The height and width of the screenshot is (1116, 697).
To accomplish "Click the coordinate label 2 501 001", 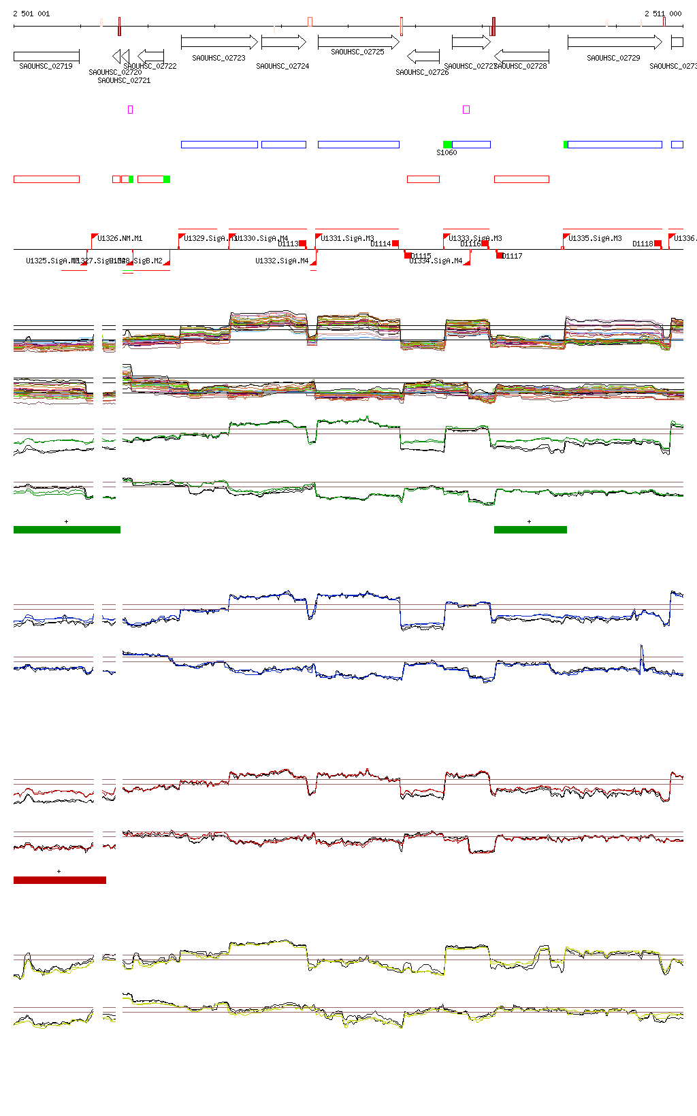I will click(31, 14).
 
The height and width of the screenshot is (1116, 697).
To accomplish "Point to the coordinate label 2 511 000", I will click(663, 14).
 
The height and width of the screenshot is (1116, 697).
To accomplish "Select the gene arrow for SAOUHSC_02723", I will click(219, 42).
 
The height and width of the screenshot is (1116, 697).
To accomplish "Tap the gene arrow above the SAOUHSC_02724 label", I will click(283, 42).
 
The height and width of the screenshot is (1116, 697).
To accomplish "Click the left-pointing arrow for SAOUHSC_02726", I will click(423, 56).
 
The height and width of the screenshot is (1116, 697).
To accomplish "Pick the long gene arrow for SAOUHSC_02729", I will click(614, 42).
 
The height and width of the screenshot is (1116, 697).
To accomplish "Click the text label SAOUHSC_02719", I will click(46, 66).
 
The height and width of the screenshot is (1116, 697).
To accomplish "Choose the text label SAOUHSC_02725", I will click(357, 52).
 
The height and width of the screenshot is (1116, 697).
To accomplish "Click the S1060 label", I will click(447, 153).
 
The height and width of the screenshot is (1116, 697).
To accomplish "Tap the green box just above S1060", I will click(447, 144).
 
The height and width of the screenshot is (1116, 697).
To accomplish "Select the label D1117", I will click(513, 256).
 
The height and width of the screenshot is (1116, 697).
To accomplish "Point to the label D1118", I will click(643, 244).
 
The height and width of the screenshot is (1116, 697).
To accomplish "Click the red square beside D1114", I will click(395, 244).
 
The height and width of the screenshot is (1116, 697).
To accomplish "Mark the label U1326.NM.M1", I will click(120, 238).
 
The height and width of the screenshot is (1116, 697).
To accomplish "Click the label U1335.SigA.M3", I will click(595, 238).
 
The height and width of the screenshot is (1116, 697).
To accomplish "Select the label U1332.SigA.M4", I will click(282, 261).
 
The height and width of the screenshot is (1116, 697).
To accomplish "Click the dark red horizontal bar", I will click(60, 880).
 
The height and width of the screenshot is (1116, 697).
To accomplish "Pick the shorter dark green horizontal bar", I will click(530, 529).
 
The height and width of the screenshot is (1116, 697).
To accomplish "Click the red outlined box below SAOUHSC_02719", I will click(46, 179).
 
